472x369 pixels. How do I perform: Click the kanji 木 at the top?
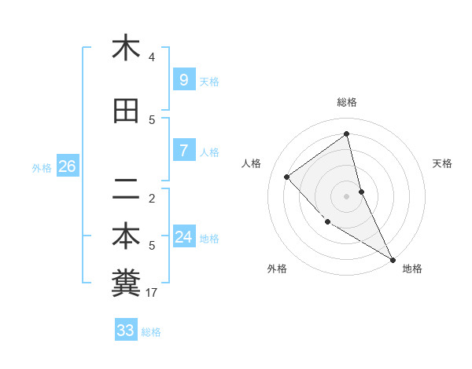[126, 48]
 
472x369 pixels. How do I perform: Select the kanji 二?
[126, 188]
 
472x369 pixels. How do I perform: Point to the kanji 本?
[126, 236]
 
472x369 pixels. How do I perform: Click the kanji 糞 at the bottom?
[126, 283]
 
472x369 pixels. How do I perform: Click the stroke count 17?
[152, 293]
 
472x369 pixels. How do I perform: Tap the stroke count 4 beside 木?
[152, 57]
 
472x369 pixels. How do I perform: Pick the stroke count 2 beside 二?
[152, 198]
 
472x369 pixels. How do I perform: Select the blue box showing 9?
[183, 80]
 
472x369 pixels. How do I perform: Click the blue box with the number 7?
[183, 151]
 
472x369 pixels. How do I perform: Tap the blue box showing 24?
[183, 237]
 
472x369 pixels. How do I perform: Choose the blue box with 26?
[67, 166]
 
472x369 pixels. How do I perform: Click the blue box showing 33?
[126, 331]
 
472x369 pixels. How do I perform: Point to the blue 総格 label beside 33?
[151, 332]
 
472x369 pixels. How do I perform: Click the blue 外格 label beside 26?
[42, 167]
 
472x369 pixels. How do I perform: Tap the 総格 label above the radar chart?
[347, 102]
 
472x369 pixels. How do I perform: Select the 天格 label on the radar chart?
[443, 163]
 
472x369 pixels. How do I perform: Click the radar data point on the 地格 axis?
[393, 259]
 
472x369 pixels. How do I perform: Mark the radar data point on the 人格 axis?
[287, 177]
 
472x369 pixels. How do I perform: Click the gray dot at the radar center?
[347, 195]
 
